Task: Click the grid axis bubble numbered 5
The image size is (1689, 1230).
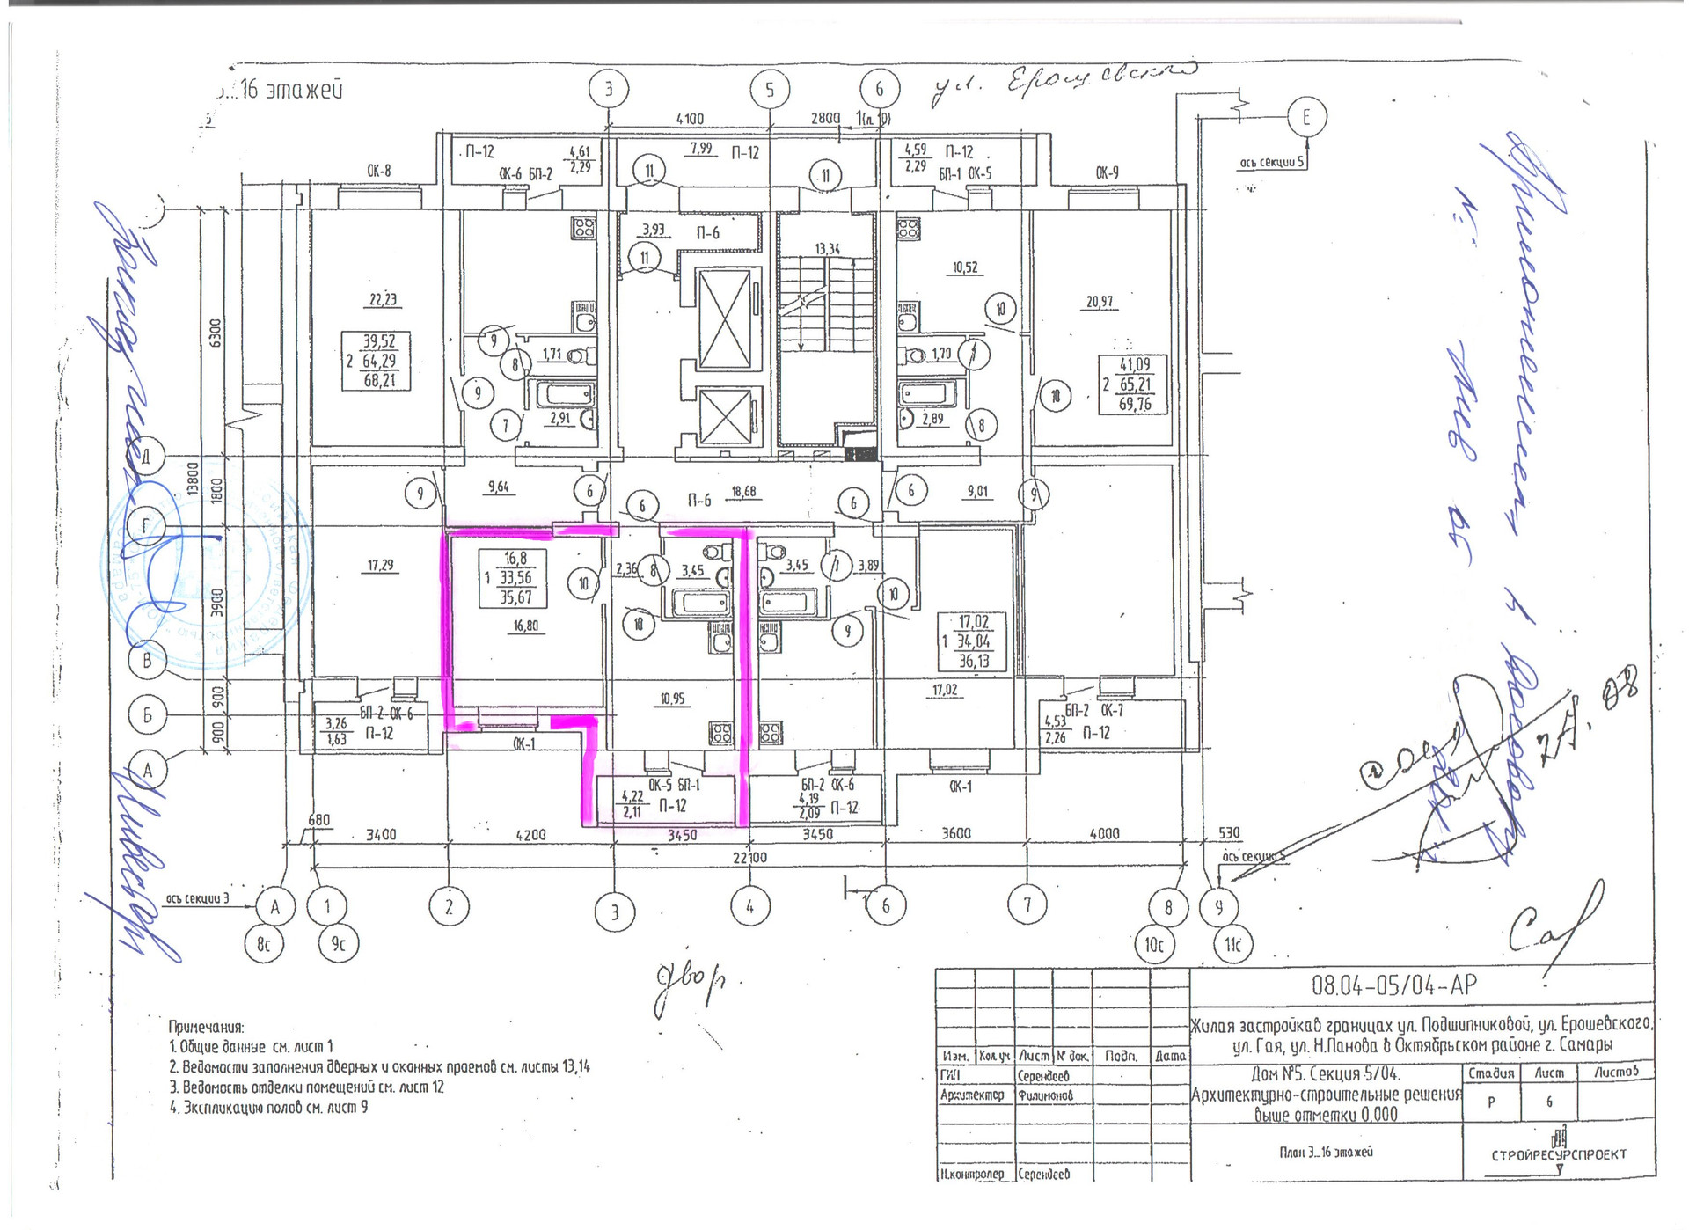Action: click(770, 90)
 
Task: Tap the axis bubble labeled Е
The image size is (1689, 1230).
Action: click(1305, 117)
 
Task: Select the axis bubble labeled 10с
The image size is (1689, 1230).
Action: click(1153, 945)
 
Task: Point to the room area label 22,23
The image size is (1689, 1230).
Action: click(382, 299)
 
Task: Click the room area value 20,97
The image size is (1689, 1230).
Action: click(1099, 302)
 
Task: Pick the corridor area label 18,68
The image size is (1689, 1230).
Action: click(743, 491)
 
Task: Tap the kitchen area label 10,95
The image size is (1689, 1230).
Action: click(672, 699)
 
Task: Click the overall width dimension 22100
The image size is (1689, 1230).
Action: click(749, 857)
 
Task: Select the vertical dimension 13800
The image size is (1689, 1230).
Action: click(193, 480)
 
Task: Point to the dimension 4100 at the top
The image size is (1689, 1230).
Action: click(690, 119)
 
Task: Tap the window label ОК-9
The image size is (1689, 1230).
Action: click(1107, 172)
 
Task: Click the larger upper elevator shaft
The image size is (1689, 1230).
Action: click(728, 318)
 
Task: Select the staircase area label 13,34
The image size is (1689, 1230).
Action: click(827, 249)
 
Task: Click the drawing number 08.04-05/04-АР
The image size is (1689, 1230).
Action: click(1393, 985)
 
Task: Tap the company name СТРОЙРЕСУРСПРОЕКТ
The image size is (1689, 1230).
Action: click(1558, 1154)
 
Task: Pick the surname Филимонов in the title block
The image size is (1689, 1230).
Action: click(1046, 1095)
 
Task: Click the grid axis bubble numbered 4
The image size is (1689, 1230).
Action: click(749, 905)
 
